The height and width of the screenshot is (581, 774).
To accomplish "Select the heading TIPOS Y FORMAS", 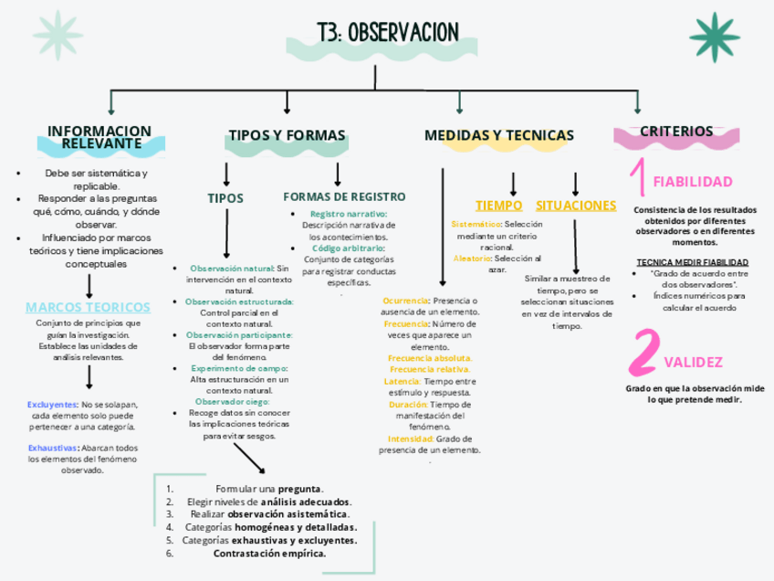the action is (x=287, y=135).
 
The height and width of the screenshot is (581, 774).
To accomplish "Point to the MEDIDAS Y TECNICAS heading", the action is (x=499, y=135).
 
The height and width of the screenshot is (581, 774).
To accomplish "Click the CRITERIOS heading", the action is (x=676, y=132).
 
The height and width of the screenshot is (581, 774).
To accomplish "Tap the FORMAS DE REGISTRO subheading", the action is (x=344, y=196).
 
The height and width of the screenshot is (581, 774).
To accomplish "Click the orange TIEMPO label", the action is (x=499, y=206).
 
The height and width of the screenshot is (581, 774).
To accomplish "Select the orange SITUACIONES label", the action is (x=576, y=206).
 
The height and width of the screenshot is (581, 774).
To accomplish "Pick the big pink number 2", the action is (x=645, y=352).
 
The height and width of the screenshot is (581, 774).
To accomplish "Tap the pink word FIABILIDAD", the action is (x=692, y=181).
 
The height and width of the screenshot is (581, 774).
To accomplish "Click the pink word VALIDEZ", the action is (x=694, y=363).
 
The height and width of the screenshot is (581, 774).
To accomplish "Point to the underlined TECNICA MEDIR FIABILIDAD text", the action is (x=692, y=262).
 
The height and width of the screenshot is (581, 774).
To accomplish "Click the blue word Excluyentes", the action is (x=52, y=404).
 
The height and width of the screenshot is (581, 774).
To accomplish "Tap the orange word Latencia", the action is (x=402, y=381).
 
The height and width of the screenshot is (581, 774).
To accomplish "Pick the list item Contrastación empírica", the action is (x=269, y=553).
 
